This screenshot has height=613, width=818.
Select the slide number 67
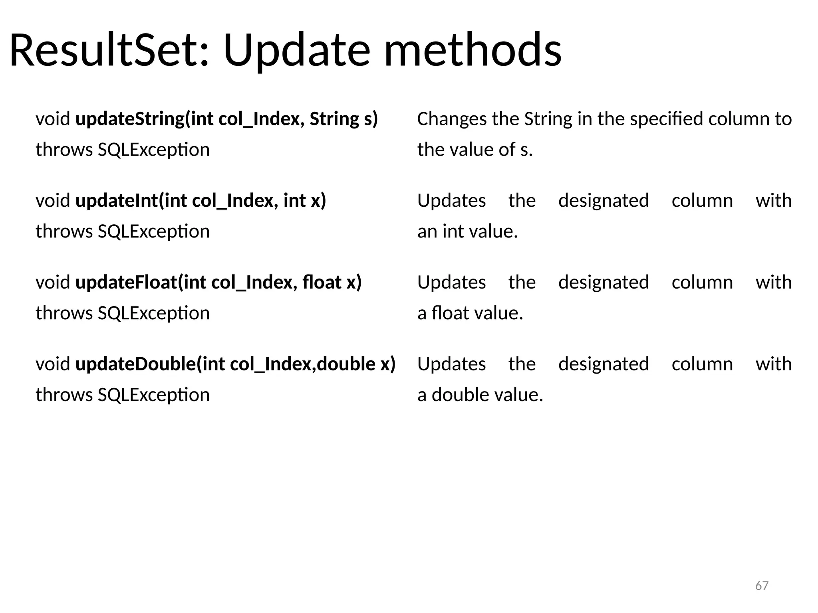pyautogui.click(x=762, y=585)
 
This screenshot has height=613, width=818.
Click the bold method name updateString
pyautogui.click(x=130, y=119)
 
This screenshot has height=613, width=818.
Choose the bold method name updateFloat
pyautogui.click(x=126, y=283)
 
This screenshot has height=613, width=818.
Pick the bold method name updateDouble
pyautogui.click(x=135, y=364)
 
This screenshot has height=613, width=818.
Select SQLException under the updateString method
pyautogui.click(x=154, y=150)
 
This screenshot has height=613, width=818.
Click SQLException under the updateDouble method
pyautogui.click(x=154, y=395)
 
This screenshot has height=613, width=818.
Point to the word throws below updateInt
pyautogui.click(x=64, y=231)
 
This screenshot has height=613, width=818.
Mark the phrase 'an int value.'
pyautogui.click(x=467, y=231)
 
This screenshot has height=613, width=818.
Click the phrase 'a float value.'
pyautogui.click(x=470, y=313)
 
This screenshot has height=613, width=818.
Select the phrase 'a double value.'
pyautogui.click(x=480, y=395)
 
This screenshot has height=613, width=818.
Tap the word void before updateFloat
pyautogui.click(x=53, y=283)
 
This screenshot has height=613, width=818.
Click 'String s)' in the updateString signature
pyautogui.click(x=343, y=119)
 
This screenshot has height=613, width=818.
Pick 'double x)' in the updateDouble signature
pyautogui.click(x=356, y=364)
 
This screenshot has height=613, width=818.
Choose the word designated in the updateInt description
pyautogui.click(x=604, y=201)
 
